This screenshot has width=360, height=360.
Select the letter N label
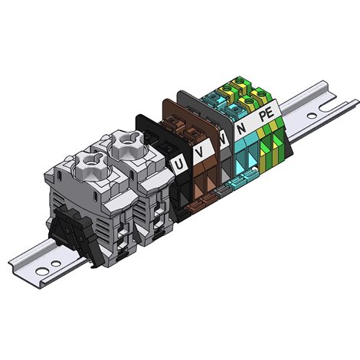tap(242, 128)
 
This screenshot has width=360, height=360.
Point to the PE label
tap(267, 115)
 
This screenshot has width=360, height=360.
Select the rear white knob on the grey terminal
tap(126, 143)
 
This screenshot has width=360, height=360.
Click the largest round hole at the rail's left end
tap(42, 271)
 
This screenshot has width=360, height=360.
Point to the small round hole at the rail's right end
tap(312, 116)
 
